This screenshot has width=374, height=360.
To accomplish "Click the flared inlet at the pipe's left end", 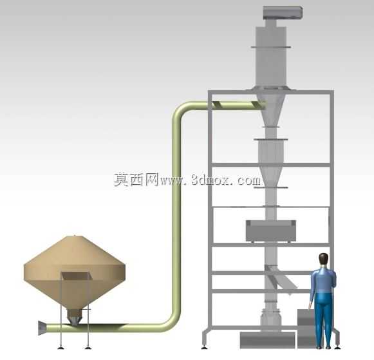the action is click(x=42, y=328).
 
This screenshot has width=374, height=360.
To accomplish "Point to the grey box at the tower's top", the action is click(x=283, y=13).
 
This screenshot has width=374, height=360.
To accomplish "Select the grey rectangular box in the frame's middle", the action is click(x=271, y=231).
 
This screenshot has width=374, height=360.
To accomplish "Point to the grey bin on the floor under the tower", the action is click(x=267, y=340).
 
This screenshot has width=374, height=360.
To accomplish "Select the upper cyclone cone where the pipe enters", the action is click(x=271, y=109).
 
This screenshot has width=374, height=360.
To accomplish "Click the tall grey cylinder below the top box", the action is click(x=271, y=56).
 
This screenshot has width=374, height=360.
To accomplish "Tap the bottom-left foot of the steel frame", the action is click(x=203, y=347).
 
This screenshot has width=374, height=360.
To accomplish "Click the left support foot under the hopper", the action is click(x=61, y=348).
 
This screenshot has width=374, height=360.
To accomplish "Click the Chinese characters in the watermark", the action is click(x=136, y=180).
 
